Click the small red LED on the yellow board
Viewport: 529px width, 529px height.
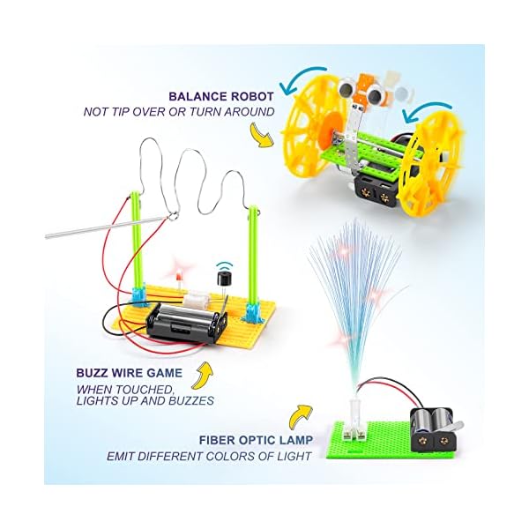[x=176, y=281]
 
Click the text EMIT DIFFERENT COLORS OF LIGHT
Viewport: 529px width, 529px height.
[x=209, y=456]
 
